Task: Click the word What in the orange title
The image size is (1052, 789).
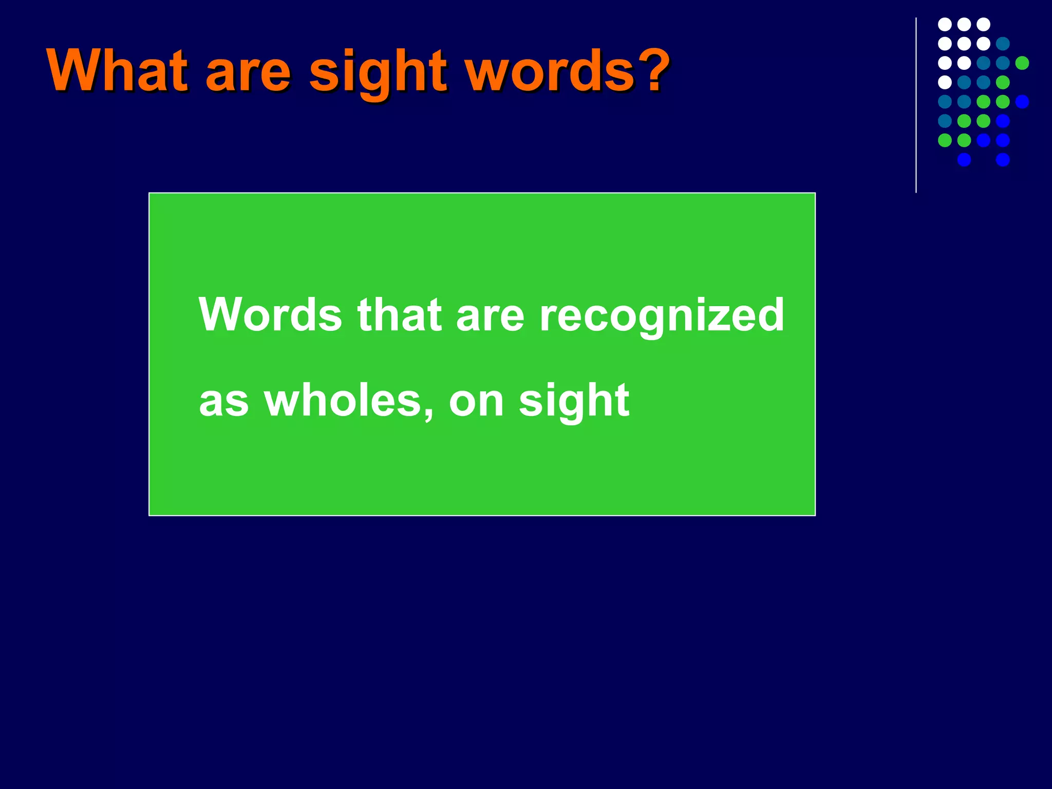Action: tap(117, 70)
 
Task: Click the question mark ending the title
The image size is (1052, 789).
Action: tap(654, 70)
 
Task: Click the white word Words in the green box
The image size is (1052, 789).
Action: tap(270, 314)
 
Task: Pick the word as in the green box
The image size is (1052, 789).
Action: tap(224, 404)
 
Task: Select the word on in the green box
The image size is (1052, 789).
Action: tap(476, 404)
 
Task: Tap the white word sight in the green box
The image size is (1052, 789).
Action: tap(574, 401)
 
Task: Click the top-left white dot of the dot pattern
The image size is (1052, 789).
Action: tap(945, 24)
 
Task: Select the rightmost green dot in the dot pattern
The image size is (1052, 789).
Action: tap(1022, 63)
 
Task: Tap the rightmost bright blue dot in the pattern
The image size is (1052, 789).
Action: tap(1022, 102)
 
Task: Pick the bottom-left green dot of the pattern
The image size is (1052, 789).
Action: tap(945, 140)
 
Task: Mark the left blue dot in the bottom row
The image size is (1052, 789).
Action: tap(964, 160)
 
